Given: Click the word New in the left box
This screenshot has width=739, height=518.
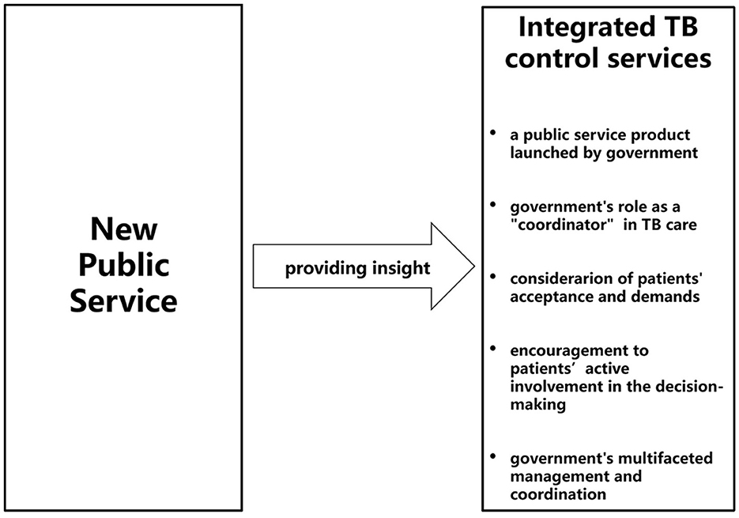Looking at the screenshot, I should [123, 230].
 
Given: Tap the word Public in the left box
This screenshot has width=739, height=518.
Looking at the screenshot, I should [123, 266].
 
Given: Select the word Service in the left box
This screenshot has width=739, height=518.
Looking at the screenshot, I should [123, 301].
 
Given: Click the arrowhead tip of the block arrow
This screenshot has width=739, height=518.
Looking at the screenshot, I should [473, 266].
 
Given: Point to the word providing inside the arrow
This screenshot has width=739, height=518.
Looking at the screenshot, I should [322, 269].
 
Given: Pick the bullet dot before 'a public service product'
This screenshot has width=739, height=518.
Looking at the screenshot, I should [494, 130].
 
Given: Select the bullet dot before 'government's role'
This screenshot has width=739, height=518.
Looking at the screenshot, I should [494, 204].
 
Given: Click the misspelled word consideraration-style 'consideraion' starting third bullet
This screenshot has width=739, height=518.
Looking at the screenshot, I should [559, 278].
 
